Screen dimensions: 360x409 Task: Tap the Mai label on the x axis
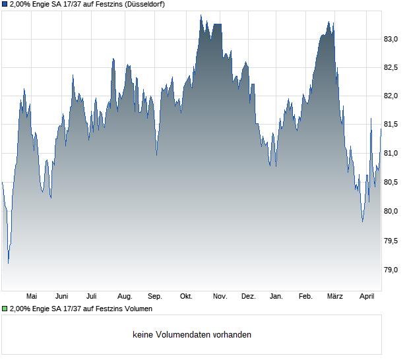[x=32, y=297]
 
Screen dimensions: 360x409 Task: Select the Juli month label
[x=92, y=297]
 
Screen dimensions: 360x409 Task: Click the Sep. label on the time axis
[x=155, y=297]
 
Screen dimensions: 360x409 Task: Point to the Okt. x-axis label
[x=186, y=297]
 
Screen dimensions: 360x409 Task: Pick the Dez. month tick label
[x=248, y=297]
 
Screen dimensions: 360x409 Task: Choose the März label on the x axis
[x=335, y=297]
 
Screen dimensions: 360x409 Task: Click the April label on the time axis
[x=367, y=297]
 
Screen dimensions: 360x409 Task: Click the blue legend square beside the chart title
[x=5, y=4]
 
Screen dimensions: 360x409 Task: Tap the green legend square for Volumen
[x=5, y=308]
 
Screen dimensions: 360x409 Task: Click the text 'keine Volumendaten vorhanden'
[x=192, y=334]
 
